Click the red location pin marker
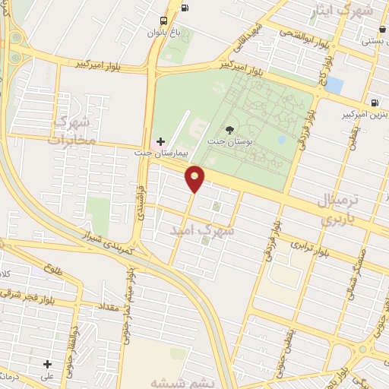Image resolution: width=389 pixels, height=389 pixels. tap(195, 179)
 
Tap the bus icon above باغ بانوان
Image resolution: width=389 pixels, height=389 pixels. tap(164, 21)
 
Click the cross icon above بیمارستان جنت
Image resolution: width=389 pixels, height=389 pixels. tap(160, 141)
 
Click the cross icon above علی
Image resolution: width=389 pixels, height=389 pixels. tap(47, 364)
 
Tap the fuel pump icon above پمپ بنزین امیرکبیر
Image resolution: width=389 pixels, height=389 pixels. tap(374, 102)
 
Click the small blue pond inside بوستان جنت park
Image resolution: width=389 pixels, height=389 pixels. tap(282, 140)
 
